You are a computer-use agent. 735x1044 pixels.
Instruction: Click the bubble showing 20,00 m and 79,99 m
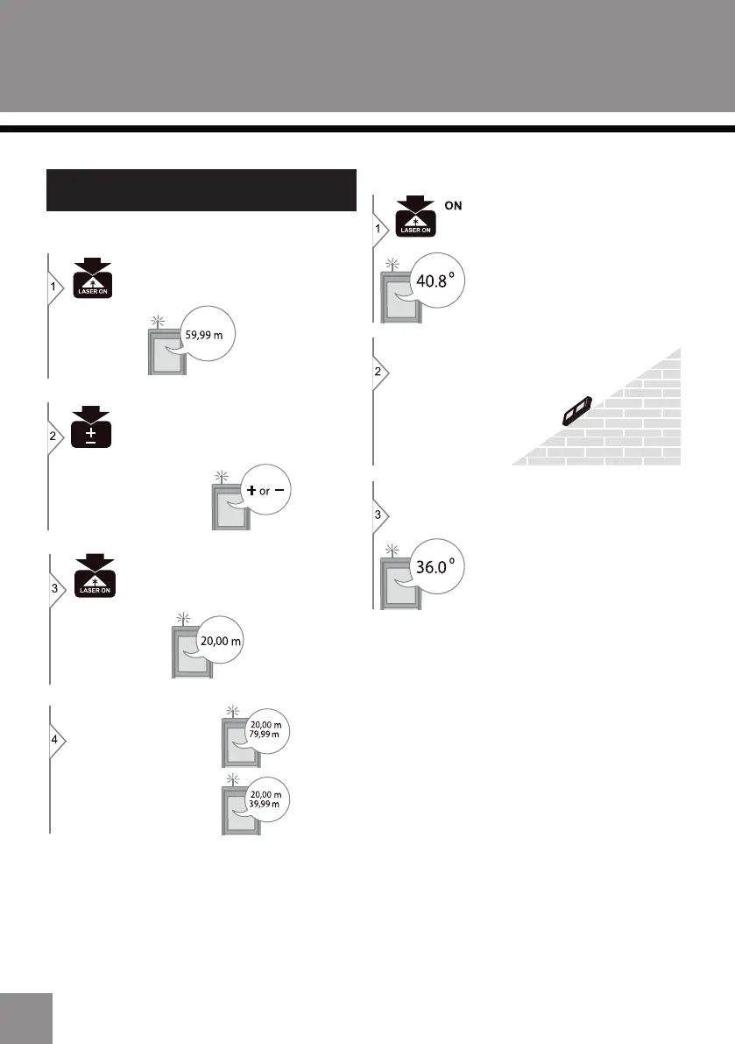tap(265, 729)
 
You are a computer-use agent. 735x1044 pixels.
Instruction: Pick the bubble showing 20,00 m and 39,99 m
tap(265, 799)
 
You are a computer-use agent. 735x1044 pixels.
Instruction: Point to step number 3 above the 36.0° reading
tap(378, 515)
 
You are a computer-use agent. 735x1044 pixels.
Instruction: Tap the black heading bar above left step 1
tap(201, 190)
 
